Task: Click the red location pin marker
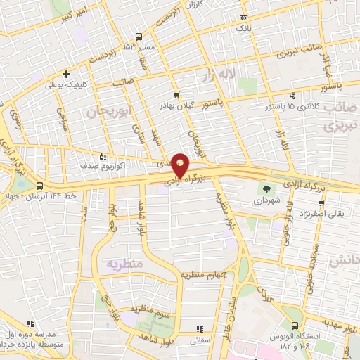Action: (x=181, y=166)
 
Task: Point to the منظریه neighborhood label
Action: (x=124, y=264)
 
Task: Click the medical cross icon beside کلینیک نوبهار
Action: (x=67, y=74)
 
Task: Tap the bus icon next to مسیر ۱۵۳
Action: (x=139, y=37)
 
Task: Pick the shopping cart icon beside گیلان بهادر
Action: (x=176, y=94)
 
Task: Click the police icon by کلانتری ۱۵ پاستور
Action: (x=292, y=95)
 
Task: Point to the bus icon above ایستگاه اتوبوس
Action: (x=294, y=326)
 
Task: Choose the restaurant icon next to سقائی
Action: (x=199, y=328)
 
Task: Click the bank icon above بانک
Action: (x=243, y=17)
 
